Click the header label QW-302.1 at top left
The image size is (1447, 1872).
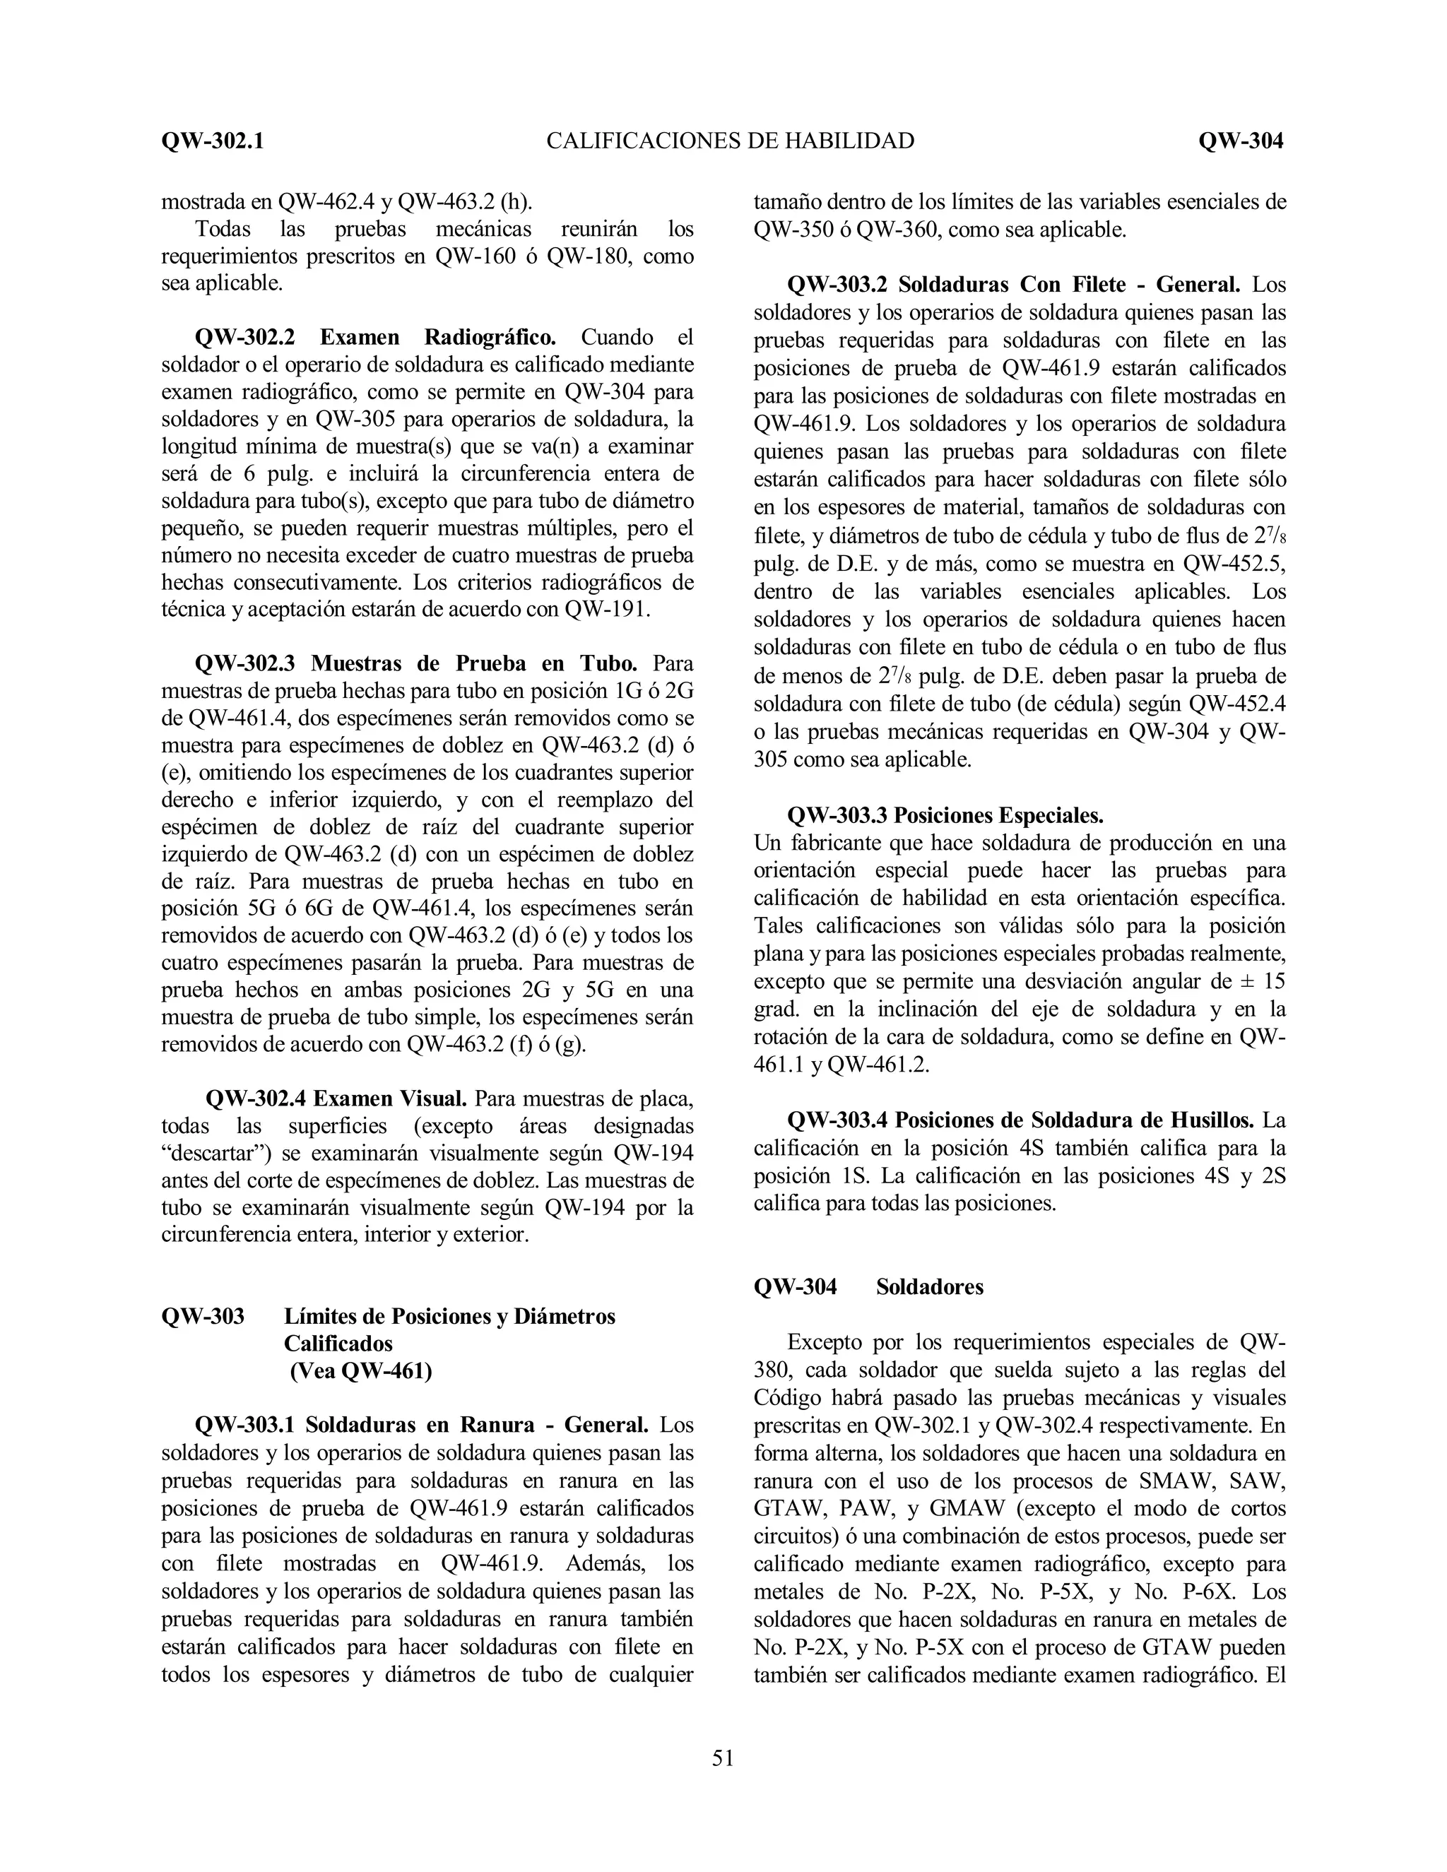[212, 141]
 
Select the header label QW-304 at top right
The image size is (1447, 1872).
[1241, 141]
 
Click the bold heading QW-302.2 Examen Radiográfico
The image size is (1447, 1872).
[375, 338]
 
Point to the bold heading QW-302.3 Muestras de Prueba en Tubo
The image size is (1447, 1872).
[415, 663]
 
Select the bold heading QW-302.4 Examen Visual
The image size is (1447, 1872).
[336, 1099]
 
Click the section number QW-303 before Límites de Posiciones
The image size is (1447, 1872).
[202, 1316]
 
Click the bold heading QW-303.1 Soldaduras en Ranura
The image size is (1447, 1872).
[421, 1426]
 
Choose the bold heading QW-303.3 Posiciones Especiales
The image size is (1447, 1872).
[945, 814]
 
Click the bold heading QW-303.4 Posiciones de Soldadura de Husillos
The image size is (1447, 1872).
[1020, 1120]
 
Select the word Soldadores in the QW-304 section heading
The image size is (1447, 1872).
[929, 1286]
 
